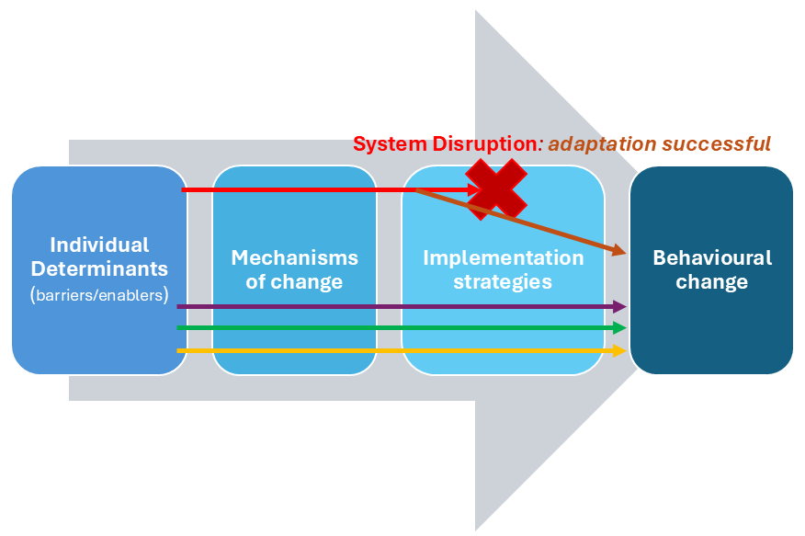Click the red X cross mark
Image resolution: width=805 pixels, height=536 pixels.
[496, 188]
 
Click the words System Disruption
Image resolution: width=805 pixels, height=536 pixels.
[444, 144]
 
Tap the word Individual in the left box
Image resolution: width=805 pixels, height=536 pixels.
[99, 245]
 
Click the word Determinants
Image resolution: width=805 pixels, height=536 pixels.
[99, 269]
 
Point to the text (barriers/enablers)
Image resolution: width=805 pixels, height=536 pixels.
[99, 295]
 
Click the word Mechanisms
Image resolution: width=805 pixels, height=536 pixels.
[294, 257]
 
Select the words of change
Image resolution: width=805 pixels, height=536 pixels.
[294, 281]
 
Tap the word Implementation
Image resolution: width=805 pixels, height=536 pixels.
[503, 257]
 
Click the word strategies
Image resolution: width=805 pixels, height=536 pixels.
[503, 281]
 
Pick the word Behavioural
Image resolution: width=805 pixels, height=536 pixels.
[711, 257]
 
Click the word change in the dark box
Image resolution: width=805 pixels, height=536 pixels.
[711, 281]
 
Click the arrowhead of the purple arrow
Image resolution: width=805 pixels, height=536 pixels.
[621, 306]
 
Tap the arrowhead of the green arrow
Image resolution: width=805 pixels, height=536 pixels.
[621, 327]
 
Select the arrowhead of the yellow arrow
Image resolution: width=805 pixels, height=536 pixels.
[621, 350]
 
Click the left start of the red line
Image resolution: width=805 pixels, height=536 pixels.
[184, 190]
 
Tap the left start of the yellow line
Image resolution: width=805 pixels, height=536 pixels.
[179, 350]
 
